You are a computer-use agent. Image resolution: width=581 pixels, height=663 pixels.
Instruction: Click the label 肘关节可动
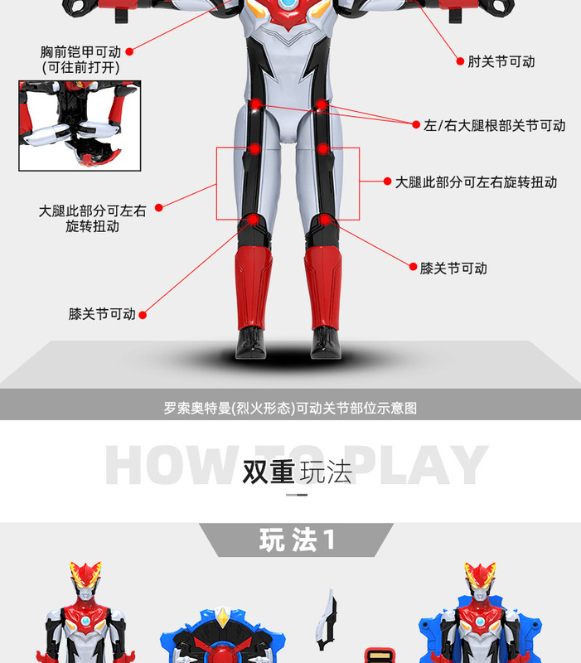[x=501, y=61]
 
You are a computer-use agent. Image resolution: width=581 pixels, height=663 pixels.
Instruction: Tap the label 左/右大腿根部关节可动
[x=494, y=125]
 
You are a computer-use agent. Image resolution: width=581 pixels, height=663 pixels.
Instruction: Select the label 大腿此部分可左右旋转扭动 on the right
[x=476, y=181]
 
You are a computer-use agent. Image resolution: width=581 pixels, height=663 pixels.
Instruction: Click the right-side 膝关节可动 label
[x=453, y=268]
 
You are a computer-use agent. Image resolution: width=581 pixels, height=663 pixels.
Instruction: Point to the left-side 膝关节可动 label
[x=102, y=314]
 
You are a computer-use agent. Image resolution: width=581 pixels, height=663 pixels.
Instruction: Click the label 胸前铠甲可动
[x=80, y=52]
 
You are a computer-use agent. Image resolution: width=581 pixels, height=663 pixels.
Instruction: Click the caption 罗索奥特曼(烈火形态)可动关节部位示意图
[x=290, y=408]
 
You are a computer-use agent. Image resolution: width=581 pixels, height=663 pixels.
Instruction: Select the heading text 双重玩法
[x=297, y=471]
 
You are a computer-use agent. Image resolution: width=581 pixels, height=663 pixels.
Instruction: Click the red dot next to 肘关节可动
[x=460, y=60]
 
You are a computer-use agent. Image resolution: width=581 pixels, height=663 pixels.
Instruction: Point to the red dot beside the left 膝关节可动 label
[x=143, y=315]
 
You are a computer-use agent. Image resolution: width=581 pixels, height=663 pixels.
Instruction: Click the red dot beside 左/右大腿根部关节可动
[x=416, y=125]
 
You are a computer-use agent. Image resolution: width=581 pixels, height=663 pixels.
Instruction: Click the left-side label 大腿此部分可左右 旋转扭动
[x=92, y=218]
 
